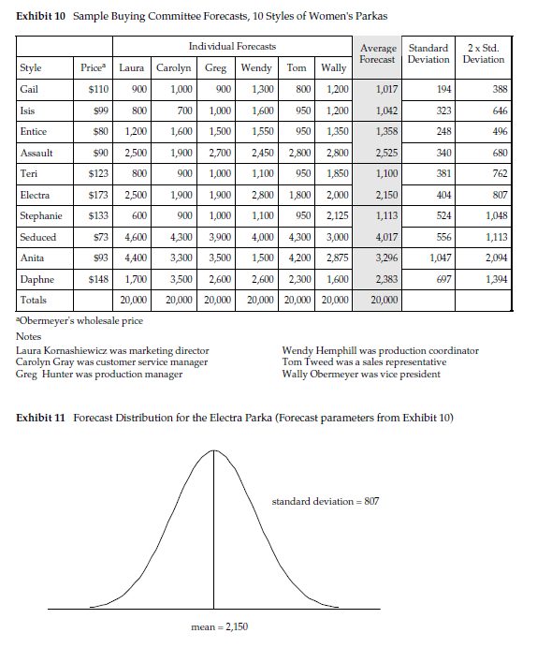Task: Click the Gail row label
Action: coord(29,89)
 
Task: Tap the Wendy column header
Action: coord(256,67)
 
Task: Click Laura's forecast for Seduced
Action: coord(132,237)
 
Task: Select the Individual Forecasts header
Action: coord(232,46)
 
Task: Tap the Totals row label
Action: coord(33,300)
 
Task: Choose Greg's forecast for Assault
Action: coord(217,152)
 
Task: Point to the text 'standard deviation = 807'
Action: coord(325,502)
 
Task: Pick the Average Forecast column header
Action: coord(379,52)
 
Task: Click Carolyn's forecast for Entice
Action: coord(175,131)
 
